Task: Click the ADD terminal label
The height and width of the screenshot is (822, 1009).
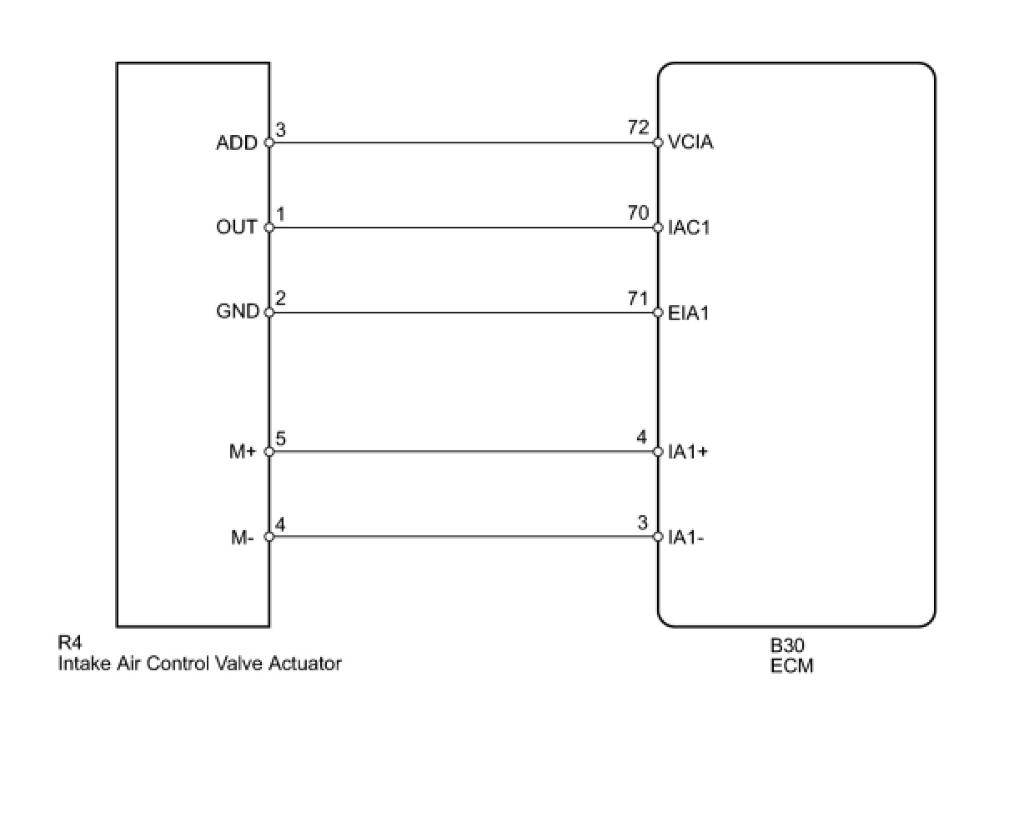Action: click(x=237, y=143)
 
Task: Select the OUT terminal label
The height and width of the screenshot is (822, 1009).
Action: click(x=237, y=227)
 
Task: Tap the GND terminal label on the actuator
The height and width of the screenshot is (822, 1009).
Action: click(x=238, y=312)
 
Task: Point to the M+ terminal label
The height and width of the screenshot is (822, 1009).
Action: click(x=243, y=452)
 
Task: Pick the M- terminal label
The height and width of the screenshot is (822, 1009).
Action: click(x=243, y=538)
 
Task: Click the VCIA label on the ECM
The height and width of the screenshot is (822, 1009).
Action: click(x=690, y=143)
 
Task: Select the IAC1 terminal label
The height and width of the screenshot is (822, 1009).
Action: click(x=690, y=228)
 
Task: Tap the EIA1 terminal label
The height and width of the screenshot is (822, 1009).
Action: click(x=689, y=313)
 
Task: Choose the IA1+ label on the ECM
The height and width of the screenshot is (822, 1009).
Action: click(x=689, y=452)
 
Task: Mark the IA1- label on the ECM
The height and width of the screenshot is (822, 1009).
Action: click(x=686, y=538)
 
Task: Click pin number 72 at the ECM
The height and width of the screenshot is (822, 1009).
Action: click(x=638, y=128)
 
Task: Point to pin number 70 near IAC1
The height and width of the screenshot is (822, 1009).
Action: click(x=638, y=213)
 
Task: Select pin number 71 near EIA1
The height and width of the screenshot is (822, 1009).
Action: click(x=638, y=298)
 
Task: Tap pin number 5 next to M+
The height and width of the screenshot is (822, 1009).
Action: click(x=281, y=438)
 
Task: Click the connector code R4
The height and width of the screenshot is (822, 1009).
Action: click(x=69, y=644)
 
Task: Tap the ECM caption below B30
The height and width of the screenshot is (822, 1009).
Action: click(x=791, y=666)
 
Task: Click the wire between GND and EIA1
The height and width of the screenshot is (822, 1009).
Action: click(x=463, y=313)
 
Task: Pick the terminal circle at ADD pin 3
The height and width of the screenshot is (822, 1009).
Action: click(x=269, y=143)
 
